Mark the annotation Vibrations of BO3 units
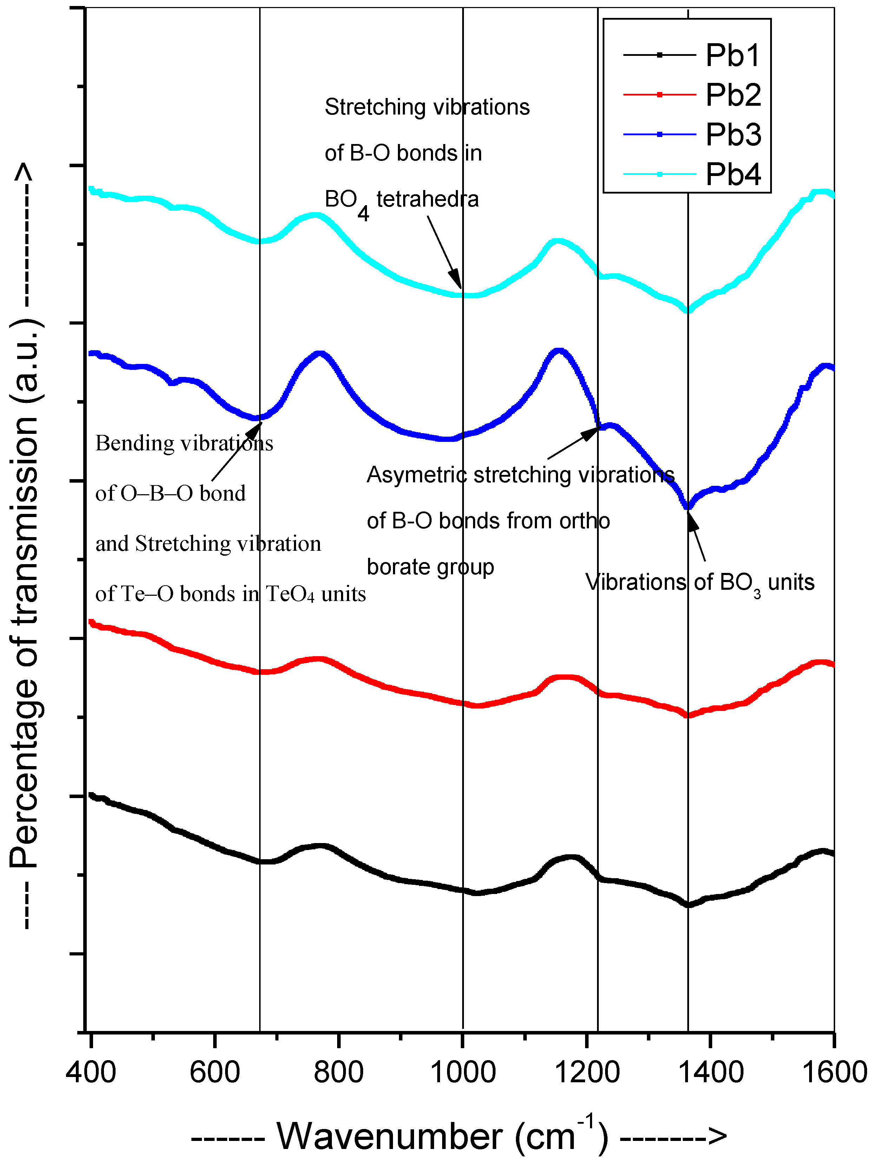[x=699, y=582]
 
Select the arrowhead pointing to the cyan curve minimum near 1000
[x=456, y=279]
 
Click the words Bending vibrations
[x=184, y=443]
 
